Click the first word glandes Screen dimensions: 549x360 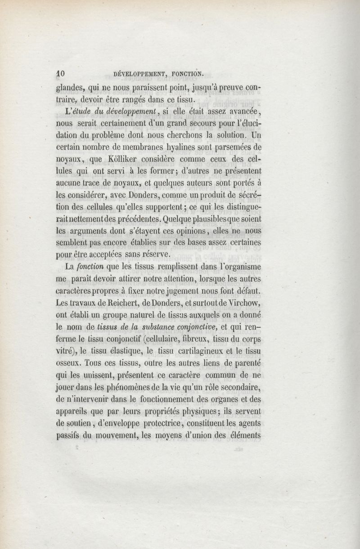click(71, 88)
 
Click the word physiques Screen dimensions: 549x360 click(196, 411)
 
